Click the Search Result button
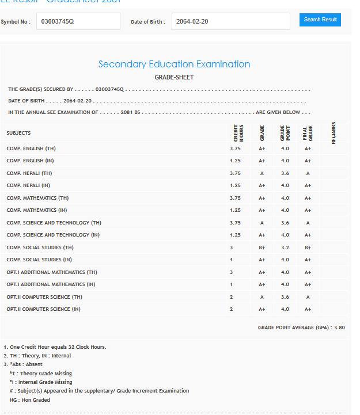320,20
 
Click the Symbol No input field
78,21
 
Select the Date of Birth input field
230,21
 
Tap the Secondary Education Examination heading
174,64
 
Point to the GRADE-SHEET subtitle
174,77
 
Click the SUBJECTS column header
18,133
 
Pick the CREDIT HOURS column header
238,132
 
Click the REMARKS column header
334,132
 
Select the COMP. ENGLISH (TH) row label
31,149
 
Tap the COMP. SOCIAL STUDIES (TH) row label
40,248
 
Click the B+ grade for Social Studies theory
262,248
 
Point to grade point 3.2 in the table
285,248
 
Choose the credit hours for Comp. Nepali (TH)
235,173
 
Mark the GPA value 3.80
339,328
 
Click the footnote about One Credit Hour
55,347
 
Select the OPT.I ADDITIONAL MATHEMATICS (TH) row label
52,272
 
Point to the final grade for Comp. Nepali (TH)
308,173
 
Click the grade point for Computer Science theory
285,297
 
